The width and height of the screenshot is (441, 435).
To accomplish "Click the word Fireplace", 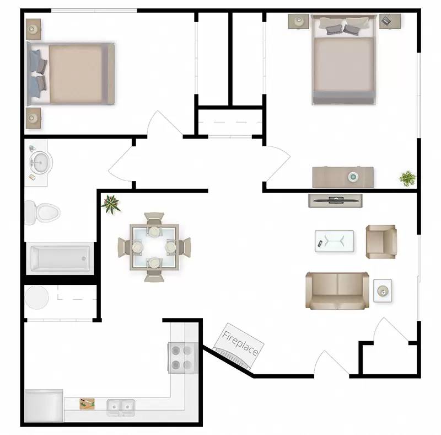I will (x=240, y=343).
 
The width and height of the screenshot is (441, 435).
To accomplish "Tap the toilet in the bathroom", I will (x=42, y=212).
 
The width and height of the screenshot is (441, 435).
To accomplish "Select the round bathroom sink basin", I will (x=40, y=163).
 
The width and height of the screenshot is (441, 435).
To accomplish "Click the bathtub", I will (x=60, y=257).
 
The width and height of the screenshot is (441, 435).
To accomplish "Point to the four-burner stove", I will (x=182, y=357).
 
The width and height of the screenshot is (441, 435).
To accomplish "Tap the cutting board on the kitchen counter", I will (x=87, y=404).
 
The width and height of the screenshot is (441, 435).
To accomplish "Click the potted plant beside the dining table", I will (x=111, y=204).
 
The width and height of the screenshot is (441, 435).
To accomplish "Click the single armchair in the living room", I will (x=381, y=241).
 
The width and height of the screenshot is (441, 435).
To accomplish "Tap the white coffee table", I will (x=334, y=240).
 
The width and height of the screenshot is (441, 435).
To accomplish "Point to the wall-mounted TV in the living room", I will (x=335, y=200).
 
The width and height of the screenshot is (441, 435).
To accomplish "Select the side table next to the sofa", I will (x=383, y=290).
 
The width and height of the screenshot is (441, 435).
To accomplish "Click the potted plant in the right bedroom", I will (x=407, y=178).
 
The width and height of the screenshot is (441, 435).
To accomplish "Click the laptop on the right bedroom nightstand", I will (x=388, y=20).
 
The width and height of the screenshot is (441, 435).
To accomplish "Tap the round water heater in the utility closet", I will (x=37, y=298).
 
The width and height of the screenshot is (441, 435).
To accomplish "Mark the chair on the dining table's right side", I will (x=184, y=246).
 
